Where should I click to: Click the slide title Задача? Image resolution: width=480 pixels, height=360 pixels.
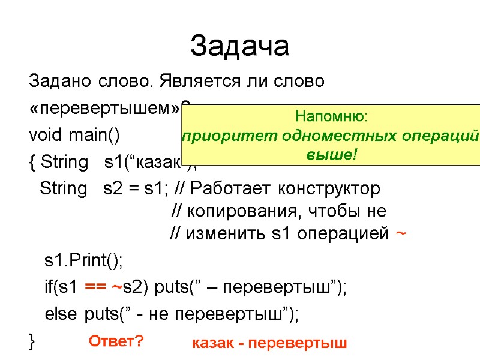coord(239,46)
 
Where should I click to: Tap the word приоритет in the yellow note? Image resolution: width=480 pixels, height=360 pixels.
coord(219,136)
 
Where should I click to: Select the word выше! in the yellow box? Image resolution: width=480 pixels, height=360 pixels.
coord(331,155)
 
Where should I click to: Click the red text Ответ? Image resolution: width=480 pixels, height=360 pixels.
coord(116,342)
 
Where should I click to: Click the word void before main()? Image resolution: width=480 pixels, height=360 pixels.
coord(45,136)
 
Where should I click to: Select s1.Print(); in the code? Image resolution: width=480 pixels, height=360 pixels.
coord(83,261)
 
